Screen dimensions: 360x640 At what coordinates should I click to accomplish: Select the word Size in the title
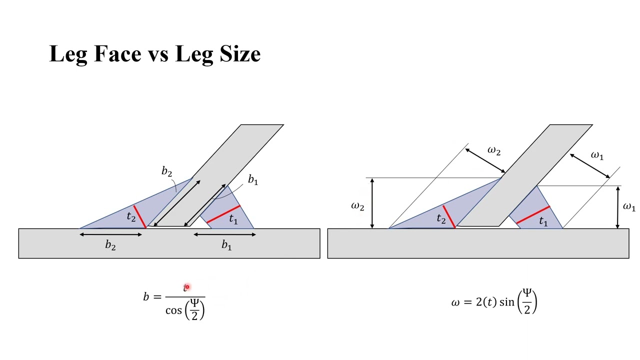239,53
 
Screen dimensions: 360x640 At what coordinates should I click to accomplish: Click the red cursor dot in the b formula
186,287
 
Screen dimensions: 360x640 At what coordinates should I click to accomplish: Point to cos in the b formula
173,310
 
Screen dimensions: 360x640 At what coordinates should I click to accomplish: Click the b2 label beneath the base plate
110,245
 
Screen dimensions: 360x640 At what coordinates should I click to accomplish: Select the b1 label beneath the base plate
226,245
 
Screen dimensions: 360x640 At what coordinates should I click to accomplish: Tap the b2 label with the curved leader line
166,172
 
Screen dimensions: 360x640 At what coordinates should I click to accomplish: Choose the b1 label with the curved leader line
253,180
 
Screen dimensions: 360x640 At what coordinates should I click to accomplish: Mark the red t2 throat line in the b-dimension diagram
139,216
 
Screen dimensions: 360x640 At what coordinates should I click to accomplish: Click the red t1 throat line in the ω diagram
533,214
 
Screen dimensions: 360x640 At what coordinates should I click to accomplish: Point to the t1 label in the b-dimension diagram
233,219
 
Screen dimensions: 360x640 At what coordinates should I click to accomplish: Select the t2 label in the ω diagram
440,219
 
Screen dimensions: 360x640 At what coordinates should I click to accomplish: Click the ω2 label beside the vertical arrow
357,206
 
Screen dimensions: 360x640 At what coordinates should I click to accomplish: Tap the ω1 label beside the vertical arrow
628,206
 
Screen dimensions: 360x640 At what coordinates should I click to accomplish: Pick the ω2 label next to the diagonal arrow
493,151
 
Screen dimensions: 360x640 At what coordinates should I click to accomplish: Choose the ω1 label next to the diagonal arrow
597,155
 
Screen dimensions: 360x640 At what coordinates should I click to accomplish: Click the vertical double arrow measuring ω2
372,203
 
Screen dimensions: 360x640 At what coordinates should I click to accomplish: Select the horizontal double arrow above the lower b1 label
224,234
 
